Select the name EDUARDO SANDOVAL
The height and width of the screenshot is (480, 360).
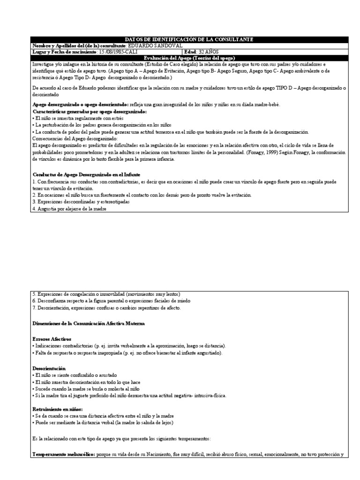155,45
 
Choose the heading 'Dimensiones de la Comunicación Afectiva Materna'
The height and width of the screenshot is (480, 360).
89,323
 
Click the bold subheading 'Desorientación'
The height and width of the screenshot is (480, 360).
49,369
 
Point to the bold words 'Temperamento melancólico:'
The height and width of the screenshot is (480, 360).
63,455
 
